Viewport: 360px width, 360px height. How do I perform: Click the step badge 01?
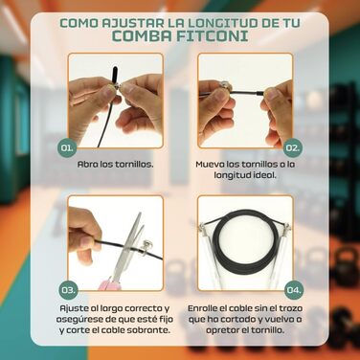67,147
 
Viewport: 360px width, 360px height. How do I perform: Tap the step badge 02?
293,147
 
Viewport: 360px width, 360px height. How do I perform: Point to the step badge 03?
67,290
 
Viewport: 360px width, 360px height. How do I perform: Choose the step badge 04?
293,290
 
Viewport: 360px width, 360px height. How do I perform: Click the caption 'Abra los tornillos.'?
116,165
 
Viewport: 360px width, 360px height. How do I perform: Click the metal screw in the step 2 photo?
224,87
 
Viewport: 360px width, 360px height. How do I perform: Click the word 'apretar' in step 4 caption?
222,330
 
